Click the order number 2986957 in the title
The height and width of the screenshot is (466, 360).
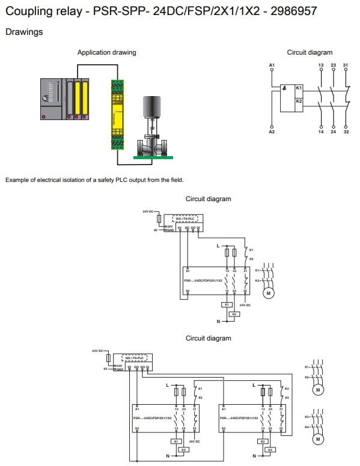point(293,11)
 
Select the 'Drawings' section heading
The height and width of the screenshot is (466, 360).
point(24,32)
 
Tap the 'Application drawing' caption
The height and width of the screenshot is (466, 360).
point(106,52)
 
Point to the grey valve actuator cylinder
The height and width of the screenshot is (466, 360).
point(150,111)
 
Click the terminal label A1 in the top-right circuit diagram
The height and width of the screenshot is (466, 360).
point(272,64)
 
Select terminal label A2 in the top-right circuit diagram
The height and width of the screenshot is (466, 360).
point(272,131)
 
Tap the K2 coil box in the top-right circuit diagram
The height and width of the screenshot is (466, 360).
point(299,101)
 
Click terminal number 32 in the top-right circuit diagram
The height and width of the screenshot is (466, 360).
point(346,131)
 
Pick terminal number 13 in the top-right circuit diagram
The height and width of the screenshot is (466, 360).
point(321,64)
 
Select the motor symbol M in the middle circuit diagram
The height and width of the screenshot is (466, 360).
point(269,293)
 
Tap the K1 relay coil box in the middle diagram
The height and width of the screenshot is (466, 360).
point(227,304)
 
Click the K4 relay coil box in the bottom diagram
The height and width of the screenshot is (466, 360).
point(270,449)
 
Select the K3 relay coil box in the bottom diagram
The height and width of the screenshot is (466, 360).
point(262,440)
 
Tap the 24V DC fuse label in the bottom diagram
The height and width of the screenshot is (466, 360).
point(98,350)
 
